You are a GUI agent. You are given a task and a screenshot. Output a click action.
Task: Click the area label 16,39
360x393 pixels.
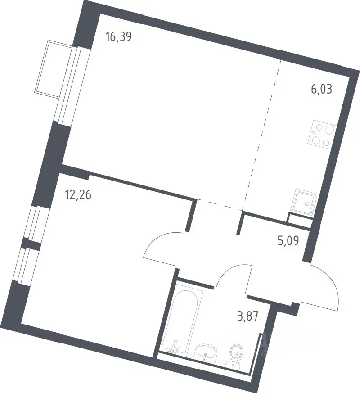tap(118, 37)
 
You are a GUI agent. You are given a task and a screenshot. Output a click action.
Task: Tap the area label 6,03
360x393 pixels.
tap(322, 89)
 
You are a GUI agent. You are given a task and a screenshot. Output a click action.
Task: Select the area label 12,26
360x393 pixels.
tap(78, 194)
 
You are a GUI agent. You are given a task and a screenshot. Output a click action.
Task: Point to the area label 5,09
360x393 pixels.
tap(288, 241)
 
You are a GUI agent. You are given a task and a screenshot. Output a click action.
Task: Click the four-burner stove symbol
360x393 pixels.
tap(322, 135)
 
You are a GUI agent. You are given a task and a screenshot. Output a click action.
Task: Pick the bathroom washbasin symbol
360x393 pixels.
tap(206, 354)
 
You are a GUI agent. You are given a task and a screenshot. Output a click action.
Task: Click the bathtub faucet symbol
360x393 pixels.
tap(175, 348)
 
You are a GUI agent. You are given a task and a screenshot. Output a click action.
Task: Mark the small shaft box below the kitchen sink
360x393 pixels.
tap(299, 220)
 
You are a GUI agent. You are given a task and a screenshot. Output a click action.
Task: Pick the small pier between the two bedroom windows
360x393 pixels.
tap(31, 244)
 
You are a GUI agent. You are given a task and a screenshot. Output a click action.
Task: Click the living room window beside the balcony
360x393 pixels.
tap(72, 85)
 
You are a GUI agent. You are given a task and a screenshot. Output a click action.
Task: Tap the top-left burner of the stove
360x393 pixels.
tap(319, 127)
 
